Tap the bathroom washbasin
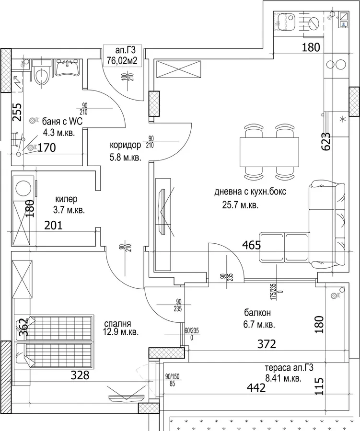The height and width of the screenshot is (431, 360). (x=68, y=68)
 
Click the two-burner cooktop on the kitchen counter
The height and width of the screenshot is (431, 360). (x=336, y=65)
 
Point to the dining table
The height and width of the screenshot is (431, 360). (x=269, y=152)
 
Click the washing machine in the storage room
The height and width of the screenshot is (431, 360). (x=23, y=189)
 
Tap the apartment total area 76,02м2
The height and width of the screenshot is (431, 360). (x=122, y=60)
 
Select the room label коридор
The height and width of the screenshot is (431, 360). (x=125, y=145)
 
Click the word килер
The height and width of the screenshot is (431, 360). (x=66, y=199)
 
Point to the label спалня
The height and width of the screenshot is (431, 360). (x=117, y=323)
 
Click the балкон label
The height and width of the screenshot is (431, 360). (x=257, y=313)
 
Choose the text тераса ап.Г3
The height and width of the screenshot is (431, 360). (x=289, y=367)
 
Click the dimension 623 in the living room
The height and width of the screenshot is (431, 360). (x=326, y=142)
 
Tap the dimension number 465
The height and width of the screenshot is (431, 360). (x=251, y=245)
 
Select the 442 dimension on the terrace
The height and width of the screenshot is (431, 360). (x=256, y=387)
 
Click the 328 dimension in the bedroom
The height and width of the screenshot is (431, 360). (x=80, y=375)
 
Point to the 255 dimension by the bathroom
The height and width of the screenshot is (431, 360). (x=17, y=112)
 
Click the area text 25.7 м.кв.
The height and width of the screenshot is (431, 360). (x=240, y=205)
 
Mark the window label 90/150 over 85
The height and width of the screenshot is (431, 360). (x=172, y=380)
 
